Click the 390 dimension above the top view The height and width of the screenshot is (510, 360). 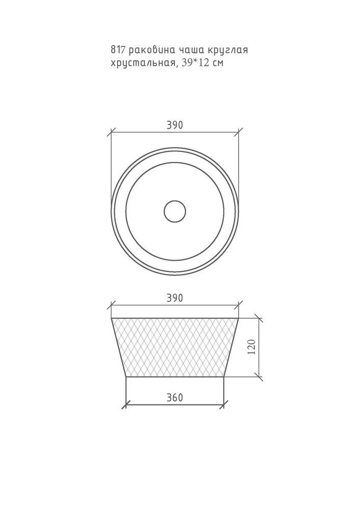pos(175,125)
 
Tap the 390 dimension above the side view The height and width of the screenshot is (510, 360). pos(175,298)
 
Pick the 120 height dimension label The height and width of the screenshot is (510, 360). pos(251,347)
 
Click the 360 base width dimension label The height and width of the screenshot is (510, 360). pos(175,397)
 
